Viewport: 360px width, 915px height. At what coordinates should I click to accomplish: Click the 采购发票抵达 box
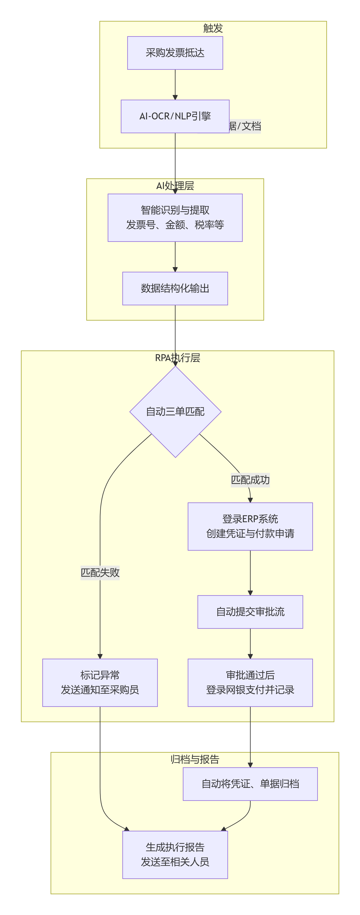coord(175,53)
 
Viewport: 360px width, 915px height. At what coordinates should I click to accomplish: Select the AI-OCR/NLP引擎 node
coord(175,116)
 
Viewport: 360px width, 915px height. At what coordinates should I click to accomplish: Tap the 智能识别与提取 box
coord(175,217)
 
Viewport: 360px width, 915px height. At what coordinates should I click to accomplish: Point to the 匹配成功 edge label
coord(250,480)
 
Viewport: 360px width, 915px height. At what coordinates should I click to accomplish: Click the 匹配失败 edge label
coord(100,573)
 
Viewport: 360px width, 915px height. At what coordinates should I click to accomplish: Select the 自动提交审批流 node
coord(250,612)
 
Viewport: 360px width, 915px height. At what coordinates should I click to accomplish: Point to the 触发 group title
coord(213,28)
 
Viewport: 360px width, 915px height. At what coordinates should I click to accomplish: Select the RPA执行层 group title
coord(177,358)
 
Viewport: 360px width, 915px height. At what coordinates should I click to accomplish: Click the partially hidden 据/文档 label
coord(245,126)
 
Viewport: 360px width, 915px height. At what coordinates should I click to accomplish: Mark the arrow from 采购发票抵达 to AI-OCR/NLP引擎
coord(175,85)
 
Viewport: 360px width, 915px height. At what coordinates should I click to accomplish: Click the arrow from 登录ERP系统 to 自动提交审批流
coord(250,573)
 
